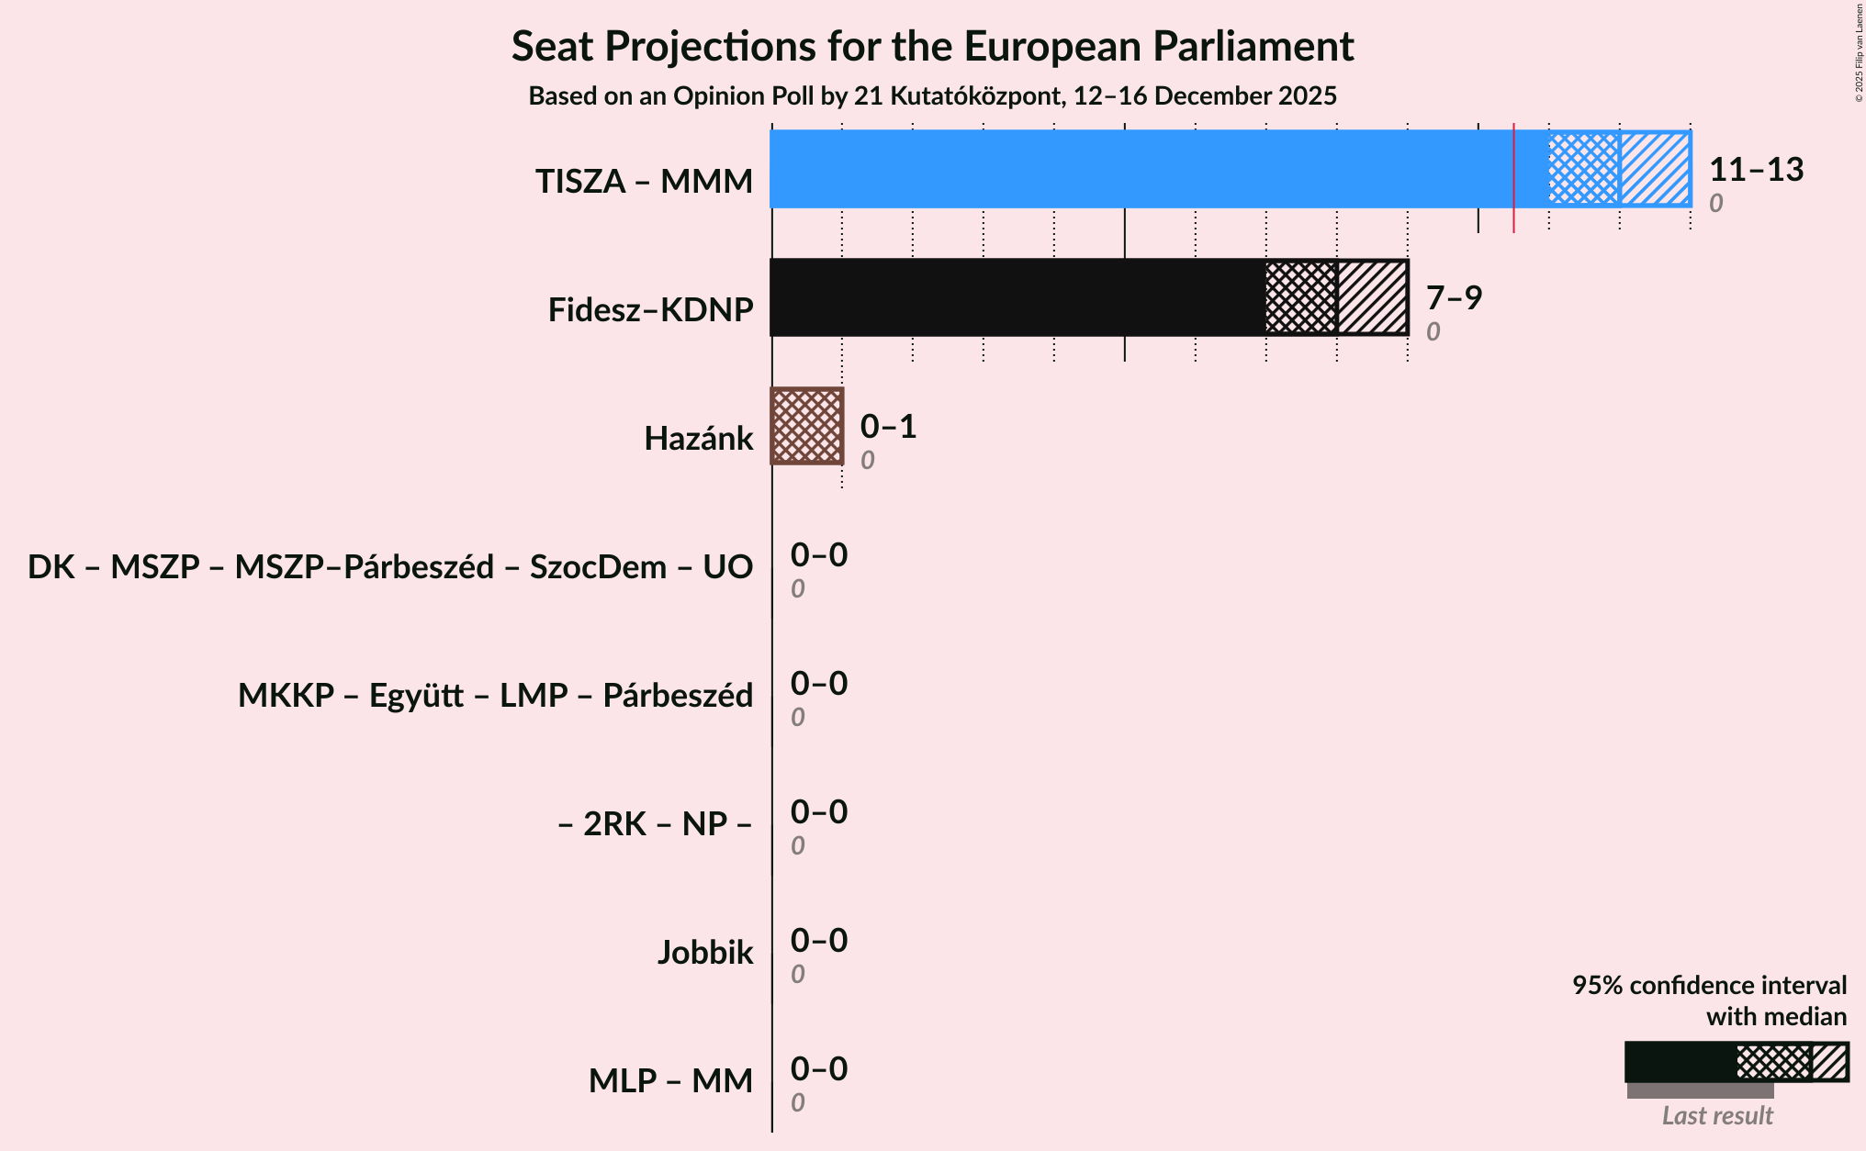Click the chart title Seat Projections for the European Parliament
[x=932, y=46]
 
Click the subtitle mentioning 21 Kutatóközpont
[x=932, y=96]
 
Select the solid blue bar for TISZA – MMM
[x=1139, y=169]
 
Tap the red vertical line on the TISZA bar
[x=1513, y=174]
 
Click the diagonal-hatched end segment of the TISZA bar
[x=1655, y=169]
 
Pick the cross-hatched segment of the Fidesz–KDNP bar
[x=1300, y=297]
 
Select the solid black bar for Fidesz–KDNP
[x=1017, y=297]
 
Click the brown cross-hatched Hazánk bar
[x=806, y=426]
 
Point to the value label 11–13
[x=1756, y=170]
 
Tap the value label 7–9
[x=1454, y=298]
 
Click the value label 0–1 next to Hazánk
[x=888, y=427]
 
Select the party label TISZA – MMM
[x=644, y=182]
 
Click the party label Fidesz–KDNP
[x=650, y=310]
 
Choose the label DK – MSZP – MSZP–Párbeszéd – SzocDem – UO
[x=390, y=567]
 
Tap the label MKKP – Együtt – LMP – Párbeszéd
[x=495, y=696]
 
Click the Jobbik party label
[x=704, y=953]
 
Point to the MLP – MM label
[x=670, y=1081]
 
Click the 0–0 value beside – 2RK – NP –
[x=819, y=812]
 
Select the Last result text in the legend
[x=1717, y=1115]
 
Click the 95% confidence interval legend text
[x=1708, y=986]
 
